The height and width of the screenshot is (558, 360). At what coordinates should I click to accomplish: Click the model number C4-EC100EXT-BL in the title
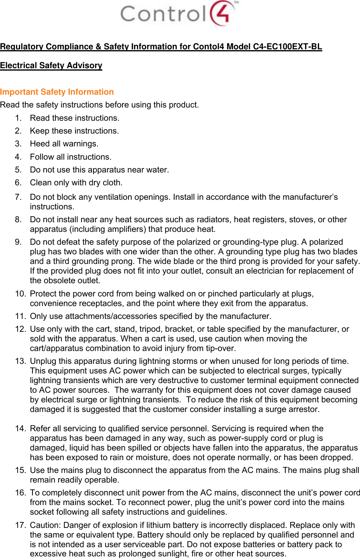pyautogui.click(x=287, y=47)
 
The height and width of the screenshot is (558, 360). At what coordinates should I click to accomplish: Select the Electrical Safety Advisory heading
pyautogui.click(x=51, y=65)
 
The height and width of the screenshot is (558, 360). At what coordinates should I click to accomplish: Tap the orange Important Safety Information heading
pyautogui.click(x=57, y=92)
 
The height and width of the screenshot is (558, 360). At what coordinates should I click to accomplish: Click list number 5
pyautogui.click(x=18, y=170)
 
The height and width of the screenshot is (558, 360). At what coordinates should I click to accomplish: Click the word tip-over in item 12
pyautogui.click(x=221, y=348)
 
